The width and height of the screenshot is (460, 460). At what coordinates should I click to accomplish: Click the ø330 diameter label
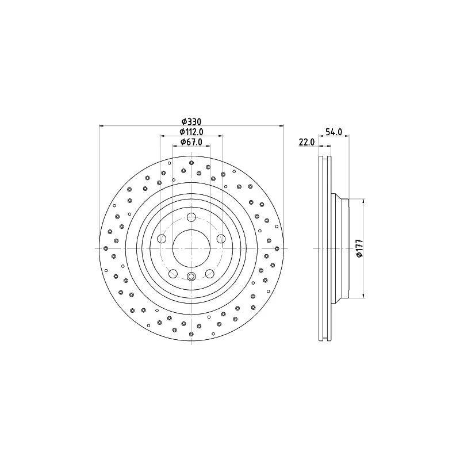click(191, 121)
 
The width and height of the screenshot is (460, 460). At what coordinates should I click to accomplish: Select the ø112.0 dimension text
click(191, 132)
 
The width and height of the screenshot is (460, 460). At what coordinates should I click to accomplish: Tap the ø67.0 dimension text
click(191, 142)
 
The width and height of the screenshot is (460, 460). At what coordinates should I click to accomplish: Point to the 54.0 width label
click(334, 132)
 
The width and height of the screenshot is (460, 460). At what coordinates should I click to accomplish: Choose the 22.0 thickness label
click(306, 142)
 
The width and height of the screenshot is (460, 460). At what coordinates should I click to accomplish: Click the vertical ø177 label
click(360, 248)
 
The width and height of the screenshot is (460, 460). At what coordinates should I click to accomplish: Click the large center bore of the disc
click(191, 248)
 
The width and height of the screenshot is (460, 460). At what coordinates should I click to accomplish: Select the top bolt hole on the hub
click(191, 217)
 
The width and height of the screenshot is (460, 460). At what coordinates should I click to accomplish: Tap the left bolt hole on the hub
click(162, 239)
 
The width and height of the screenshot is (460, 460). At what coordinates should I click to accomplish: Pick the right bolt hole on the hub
click(221, 239)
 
